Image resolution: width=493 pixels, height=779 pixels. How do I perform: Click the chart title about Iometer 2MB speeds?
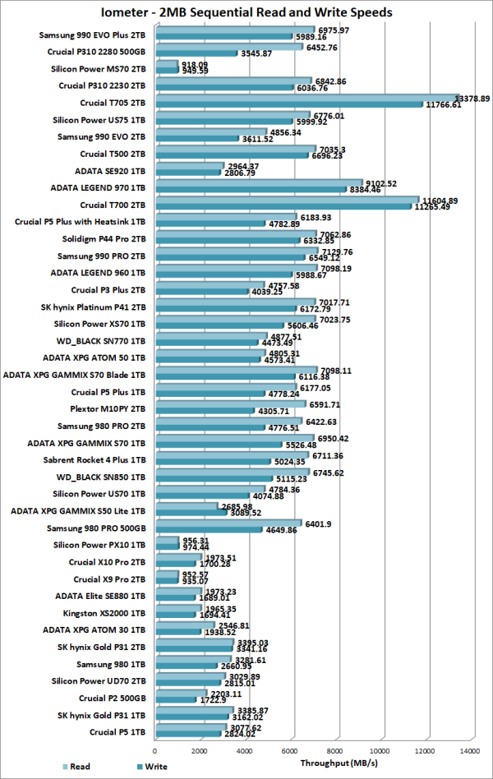[x=246, y=12]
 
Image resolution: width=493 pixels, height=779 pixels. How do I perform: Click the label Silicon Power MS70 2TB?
[x=99, y=68]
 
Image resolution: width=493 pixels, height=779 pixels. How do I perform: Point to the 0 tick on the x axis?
[x=155, y=749]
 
